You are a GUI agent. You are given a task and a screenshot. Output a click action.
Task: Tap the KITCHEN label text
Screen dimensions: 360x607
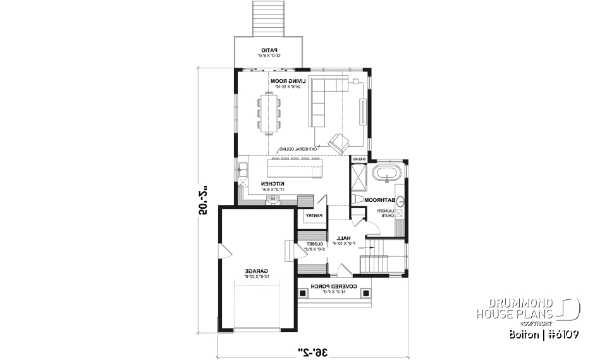(x=272, y=183)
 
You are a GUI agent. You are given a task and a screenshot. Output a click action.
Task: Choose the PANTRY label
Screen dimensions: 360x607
(x=314, y=216)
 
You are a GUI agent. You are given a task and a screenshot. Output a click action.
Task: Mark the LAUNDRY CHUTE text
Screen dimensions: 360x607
(x=386, y=213)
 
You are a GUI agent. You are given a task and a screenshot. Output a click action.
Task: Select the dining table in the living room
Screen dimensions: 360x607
(x=270, y=113)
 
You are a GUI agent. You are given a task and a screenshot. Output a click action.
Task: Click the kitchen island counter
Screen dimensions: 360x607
(x=295, y=169)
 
